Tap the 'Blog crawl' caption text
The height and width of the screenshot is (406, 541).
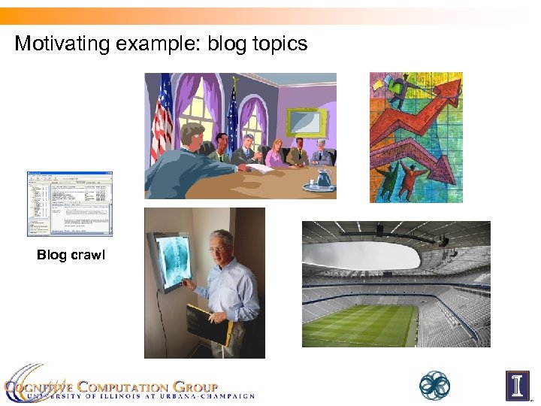71,255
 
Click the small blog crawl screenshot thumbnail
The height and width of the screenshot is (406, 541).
69,204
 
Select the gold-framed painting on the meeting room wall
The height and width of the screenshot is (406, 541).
307,122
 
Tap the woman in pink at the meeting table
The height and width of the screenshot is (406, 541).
275,153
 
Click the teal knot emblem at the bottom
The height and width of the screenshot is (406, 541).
434,386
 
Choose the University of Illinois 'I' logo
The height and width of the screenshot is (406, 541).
517,386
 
